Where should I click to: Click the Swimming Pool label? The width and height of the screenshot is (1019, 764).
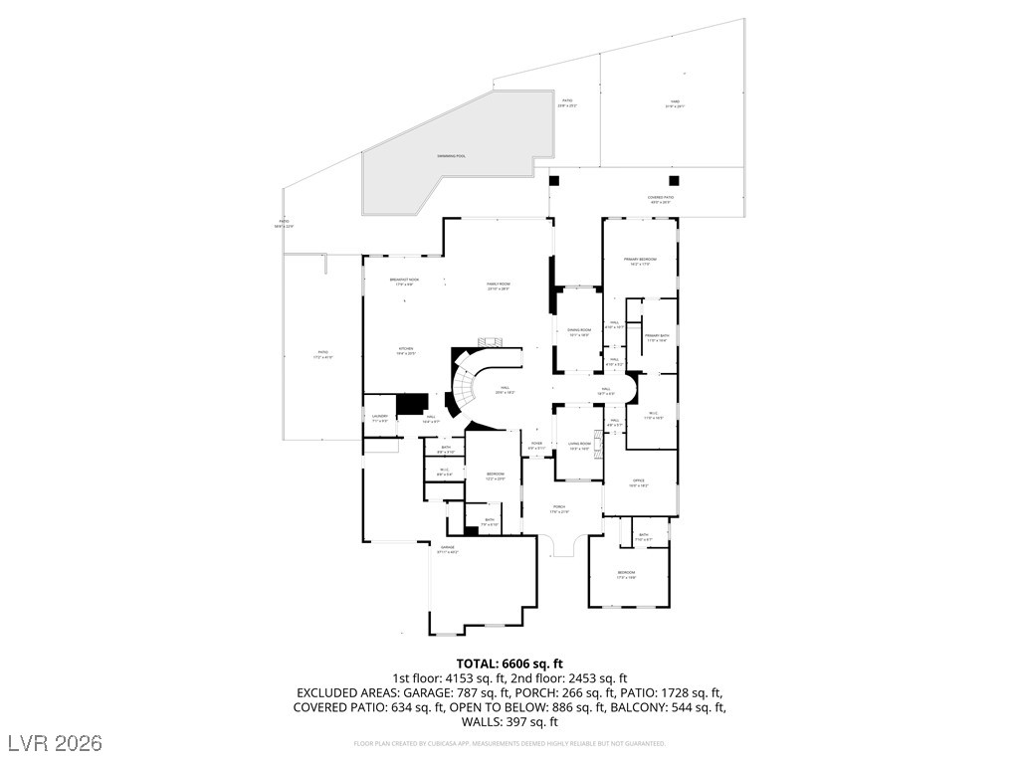coord(451,156)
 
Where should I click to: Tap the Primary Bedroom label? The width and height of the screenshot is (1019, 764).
coord(641,261)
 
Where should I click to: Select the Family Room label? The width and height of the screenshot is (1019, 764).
coord(499,286)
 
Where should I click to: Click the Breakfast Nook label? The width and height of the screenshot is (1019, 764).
coord(404,282)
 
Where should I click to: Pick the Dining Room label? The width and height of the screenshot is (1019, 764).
coord(579,331)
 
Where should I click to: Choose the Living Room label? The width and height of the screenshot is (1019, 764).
coord(579,446)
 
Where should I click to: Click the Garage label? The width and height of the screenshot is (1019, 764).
coord(448,548)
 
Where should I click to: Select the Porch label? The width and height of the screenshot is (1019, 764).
coord(559,508)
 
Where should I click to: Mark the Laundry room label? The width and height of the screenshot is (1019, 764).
coord(379,418)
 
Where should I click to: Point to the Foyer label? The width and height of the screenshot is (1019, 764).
coord(536,445)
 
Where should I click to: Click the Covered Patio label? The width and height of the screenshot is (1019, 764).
coord(661,199)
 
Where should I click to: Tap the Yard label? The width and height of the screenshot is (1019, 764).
coord(674,103)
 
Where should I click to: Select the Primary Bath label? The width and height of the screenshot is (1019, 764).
coord(656,337)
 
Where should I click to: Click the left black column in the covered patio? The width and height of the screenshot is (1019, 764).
coord(554,180)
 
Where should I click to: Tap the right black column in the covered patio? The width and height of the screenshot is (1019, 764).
coord(674,180)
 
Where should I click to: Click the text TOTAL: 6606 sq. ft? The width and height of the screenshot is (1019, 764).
coord(509,664)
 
